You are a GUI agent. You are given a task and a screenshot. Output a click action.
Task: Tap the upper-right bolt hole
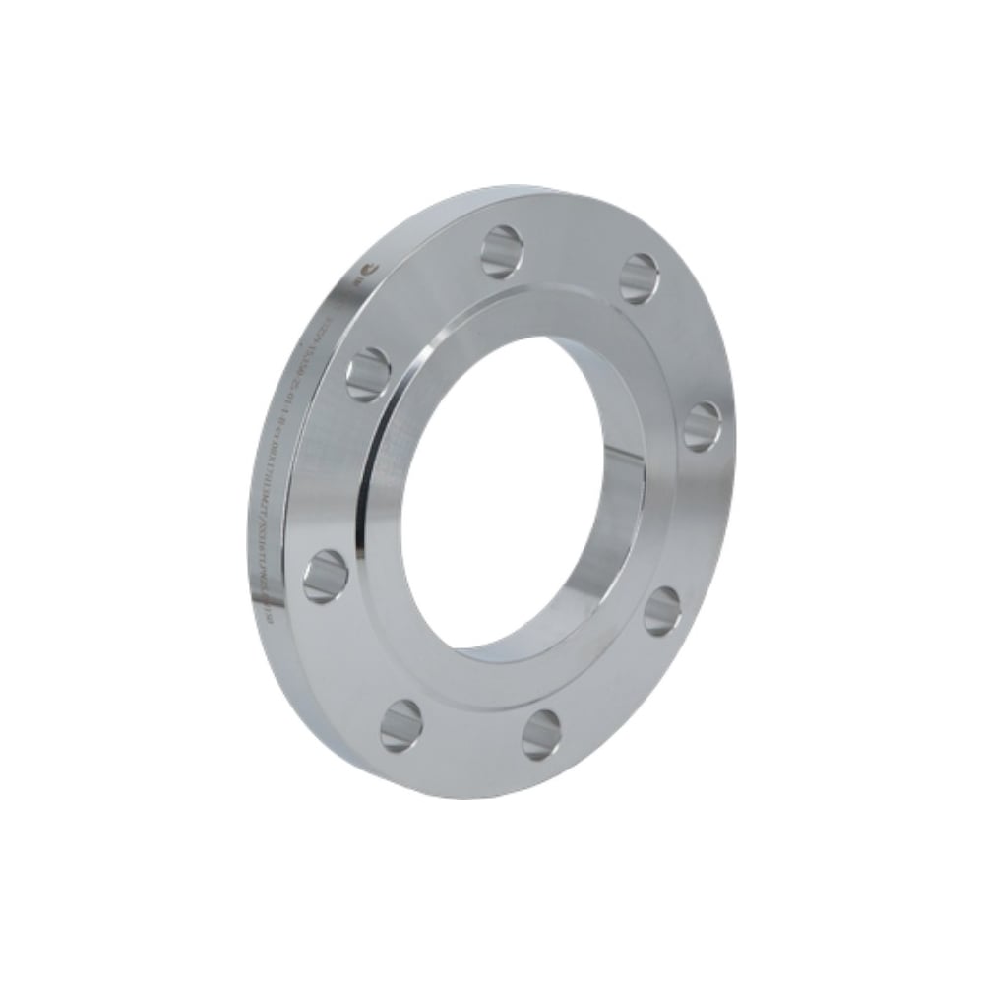coord(640,278)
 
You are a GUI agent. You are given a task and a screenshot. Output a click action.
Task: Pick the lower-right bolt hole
coord(662,611)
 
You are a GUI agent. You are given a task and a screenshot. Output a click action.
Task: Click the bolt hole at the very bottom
coord(541,735)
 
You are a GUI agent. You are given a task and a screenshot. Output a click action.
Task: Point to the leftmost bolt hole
coord(325,576)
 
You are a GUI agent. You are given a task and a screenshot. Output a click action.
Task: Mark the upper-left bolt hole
coord(368,374)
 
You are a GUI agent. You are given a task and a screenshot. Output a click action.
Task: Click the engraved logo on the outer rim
coord(367,268)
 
